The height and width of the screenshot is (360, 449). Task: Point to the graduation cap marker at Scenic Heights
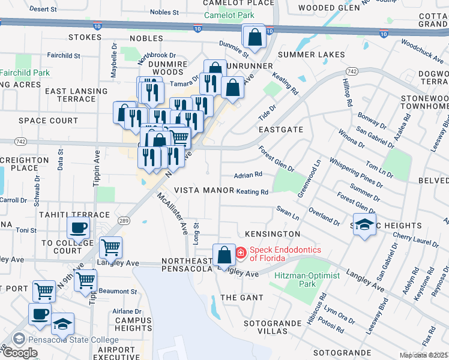pyautogui.click(x=364, y=225)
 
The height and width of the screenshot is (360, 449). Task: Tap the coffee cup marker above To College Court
pyautogui.click(x=79, y=229)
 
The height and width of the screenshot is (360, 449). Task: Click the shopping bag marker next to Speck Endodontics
pyautogui.click(x=224, y=255)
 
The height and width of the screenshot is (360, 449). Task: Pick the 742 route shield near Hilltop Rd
pyautogui.click(x=352, y=71)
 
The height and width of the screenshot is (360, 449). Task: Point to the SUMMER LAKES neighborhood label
pyautogui.click(x=312, y=55)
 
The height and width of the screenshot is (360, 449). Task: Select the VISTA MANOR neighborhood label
pyautogui.click(x=203, y=190)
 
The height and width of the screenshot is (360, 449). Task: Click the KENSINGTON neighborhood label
pyautogui.click(x=272, y=233)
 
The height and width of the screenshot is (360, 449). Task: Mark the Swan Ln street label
pyautogui.click(x=288, y=213)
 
